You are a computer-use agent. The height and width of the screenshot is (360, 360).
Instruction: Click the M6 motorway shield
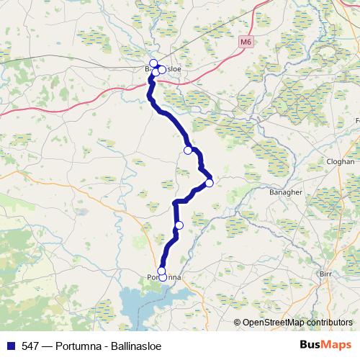[246, 42]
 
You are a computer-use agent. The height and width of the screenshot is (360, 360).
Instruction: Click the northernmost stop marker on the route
[153, 63]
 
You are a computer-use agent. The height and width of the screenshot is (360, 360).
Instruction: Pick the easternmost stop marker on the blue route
[209, 183]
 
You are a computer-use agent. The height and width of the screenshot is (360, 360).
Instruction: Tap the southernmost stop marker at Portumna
[163, 277]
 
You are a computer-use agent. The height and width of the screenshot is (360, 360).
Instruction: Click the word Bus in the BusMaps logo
[310, 344]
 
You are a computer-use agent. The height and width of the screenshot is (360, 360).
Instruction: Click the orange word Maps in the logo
[336, 344]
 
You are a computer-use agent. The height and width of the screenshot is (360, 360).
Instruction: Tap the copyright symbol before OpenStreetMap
[238, 323]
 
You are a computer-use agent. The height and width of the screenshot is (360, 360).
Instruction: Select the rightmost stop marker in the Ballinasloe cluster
[162, 70]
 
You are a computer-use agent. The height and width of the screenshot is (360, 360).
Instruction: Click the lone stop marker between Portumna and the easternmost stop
[179, 225]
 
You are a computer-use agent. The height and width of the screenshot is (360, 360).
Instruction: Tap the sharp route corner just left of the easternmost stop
[200, 170]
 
